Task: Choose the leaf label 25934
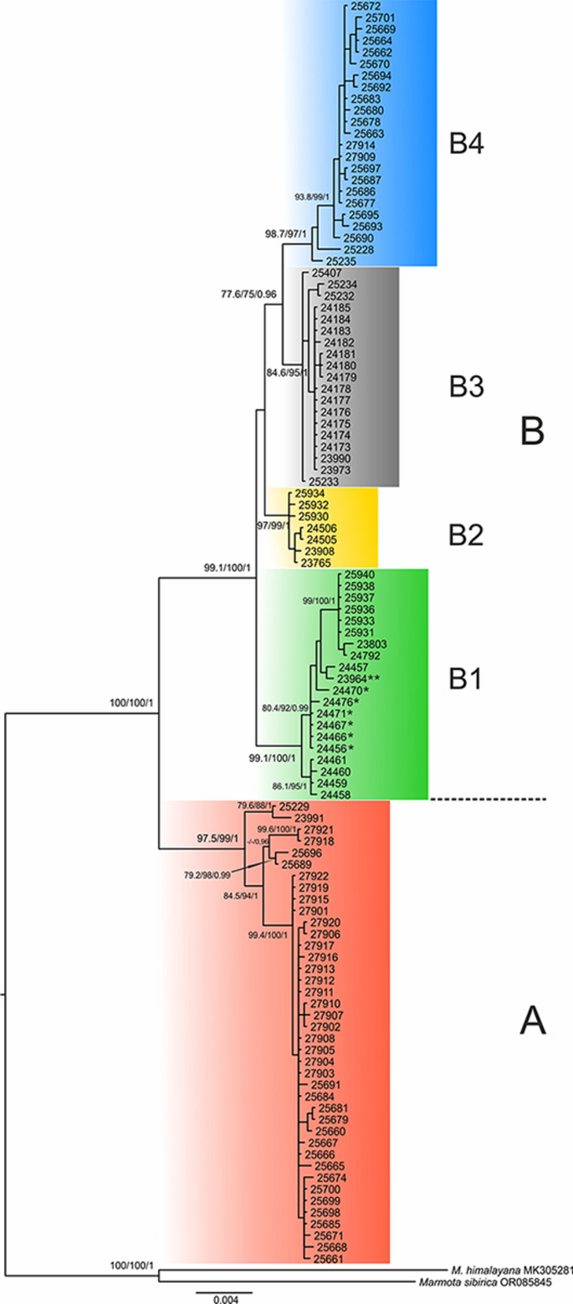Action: [310, 494]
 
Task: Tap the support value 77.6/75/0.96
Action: [248, 295]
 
